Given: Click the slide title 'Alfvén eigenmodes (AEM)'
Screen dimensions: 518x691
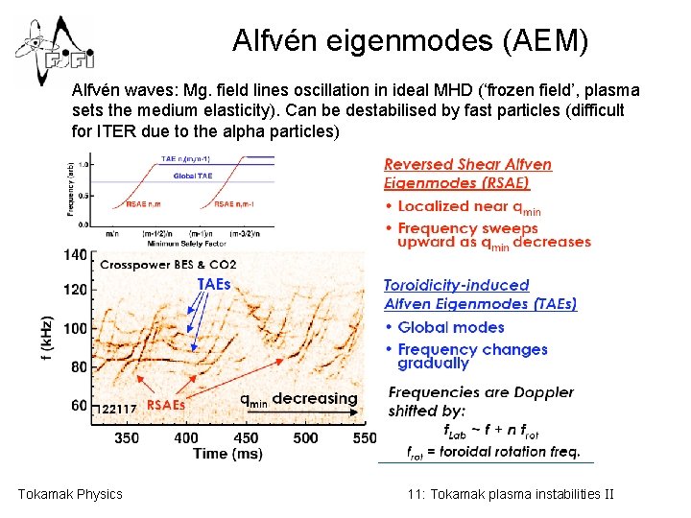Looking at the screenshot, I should click(410, 41).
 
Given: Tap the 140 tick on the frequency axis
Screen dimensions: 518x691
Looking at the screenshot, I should click(75, 255).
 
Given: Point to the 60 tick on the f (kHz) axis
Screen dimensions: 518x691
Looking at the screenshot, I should click(79, 406).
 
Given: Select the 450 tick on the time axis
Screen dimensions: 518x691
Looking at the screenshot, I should click(246, 438).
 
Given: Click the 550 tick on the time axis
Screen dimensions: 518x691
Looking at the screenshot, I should click(365, 438).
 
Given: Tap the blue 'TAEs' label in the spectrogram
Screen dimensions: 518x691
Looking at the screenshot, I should click(214, 284).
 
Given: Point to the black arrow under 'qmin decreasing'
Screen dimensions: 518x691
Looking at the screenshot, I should click(298, 414).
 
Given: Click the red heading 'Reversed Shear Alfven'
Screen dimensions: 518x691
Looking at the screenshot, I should click(467, 165).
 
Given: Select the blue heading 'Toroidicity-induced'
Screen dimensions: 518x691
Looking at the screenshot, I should click(456, 285).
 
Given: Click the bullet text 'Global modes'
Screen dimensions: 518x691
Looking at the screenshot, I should click(450, 327).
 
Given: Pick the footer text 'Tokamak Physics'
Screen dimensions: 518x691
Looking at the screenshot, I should click(70, 494).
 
